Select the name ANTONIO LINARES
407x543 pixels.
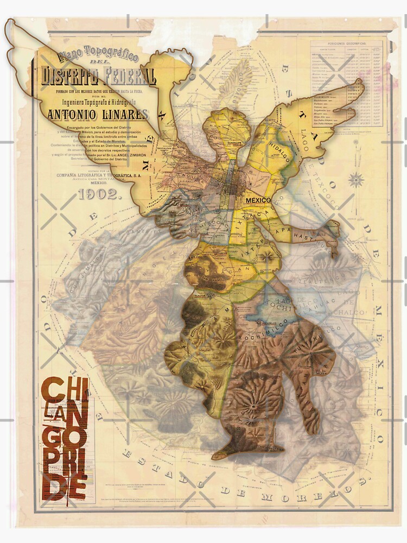pyautogui.click(x=97, y=115)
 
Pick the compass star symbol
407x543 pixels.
pyautogui.click(x=356, y=179)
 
